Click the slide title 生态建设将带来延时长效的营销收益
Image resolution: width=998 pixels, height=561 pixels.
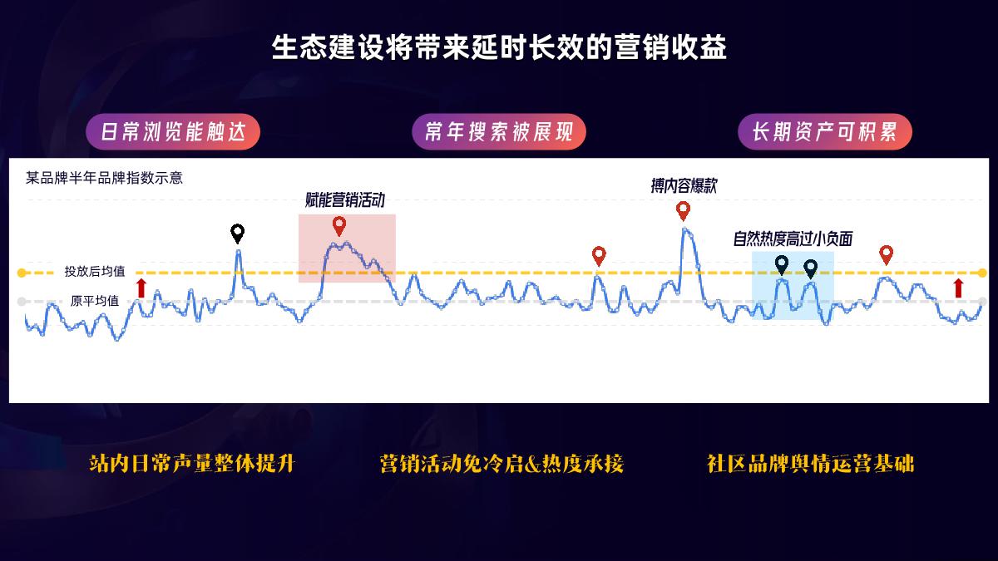tap(499, 47)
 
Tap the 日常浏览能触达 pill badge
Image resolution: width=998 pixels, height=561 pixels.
tap(173, 132)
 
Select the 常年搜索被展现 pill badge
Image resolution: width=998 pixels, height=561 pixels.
tap(499, 132)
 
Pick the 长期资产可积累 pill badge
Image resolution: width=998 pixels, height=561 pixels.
tap(824, 132)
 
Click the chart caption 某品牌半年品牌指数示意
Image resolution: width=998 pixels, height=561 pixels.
tap(104, 177)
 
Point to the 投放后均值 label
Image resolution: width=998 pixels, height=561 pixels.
tap(95, 271)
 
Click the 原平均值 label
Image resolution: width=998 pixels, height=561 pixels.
tap(95, 301)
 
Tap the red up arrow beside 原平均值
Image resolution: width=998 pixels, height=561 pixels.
tap(141, 288)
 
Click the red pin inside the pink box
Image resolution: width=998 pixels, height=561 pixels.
tap(338, 225)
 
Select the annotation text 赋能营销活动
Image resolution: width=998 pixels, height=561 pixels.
tap(345, 199)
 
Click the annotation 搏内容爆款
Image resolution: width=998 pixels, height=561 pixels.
tap(684, 186)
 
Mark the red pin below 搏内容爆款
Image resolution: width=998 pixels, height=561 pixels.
tap(683, 210)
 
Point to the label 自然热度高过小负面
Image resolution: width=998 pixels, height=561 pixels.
tap(793, 239)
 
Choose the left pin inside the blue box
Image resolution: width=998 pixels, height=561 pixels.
tap(781, 265)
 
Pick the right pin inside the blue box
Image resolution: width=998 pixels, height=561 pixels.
tap(811, 268)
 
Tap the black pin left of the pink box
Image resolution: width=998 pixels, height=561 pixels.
tap(238, 233)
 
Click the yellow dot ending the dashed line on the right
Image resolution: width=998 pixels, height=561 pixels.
tap(982, 273)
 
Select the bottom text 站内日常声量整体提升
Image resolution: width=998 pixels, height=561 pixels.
tap(192, 463)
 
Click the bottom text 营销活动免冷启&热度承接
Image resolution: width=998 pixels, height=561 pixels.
tap(501, 463)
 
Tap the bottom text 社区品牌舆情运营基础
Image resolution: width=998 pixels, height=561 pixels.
tap(811, 463)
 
